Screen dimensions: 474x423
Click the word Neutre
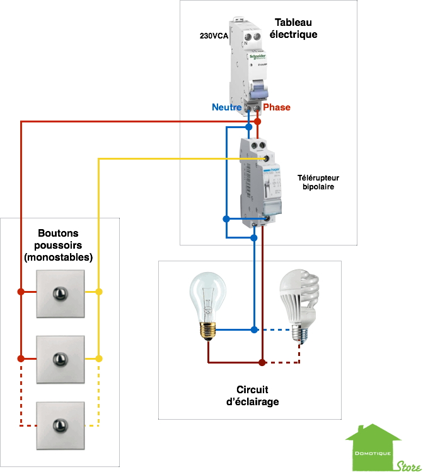pos(226,107)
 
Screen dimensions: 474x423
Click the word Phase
pos(277,107)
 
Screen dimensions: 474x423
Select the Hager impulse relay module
pos(259,180)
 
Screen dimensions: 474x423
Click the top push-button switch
pos(60,293)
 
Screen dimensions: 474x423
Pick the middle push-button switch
pos(60,358)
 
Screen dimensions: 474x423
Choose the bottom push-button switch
pos(60,425)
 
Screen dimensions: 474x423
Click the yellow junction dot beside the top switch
pos(98,292)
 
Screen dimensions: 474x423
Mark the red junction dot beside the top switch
pos(21,292)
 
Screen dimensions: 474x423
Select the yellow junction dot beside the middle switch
pos(98,358)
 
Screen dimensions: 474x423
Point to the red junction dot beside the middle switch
pos(21,358)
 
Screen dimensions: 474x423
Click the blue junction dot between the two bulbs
pos(254,329)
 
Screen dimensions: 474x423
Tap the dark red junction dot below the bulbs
pos(262,362)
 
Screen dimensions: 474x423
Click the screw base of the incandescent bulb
pos(207,331)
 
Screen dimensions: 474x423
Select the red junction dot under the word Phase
pos(258,121)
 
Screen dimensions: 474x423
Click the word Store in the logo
pos(409,466)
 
